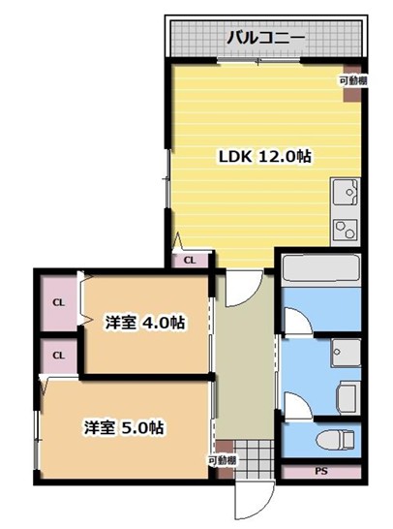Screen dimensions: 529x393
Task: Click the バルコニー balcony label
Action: (x=266, y=39)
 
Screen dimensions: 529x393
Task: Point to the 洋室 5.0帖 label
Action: (x=123, y=426)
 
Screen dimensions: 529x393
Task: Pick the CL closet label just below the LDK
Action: (x=190, y=260)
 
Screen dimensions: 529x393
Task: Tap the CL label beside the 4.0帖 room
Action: (x=58, y=302)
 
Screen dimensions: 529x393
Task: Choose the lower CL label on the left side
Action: (x=58, y=356)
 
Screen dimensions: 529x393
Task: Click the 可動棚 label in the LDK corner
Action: (x=352, y=81)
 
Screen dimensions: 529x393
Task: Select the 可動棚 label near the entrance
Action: (x=222, y=460)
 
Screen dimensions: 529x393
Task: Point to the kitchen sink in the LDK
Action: (x=346, y=197)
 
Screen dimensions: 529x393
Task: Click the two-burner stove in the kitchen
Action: (x=346, y=230)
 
